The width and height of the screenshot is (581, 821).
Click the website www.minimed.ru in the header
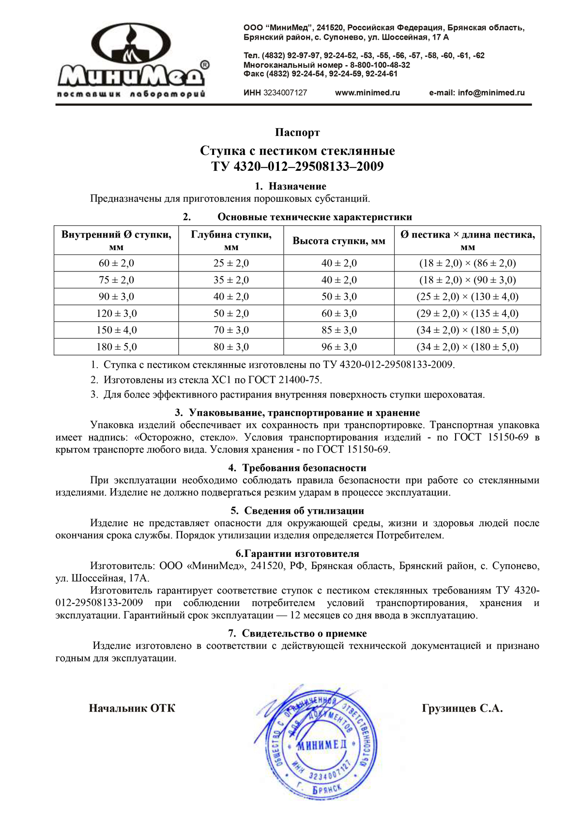click(x=367, y=93)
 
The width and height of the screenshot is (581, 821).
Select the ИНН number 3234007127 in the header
click(x=285, y=93)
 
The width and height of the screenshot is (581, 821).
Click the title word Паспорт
click(x=297, y=133)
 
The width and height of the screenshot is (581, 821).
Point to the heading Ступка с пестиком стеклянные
click(x=297, y=151)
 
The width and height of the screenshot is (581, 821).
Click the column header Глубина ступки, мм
click(x=231, y=240)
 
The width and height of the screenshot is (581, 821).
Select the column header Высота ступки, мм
click(x=339, y=241)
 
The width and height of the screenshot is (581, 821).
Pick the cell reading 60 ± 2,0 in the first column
click(x=116, y=263)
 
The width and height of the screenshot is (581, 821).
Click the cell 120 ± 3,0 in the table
click(x=116, y=313)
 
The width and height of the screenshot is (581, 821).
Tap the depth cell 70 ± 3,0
click(x=231, y=330)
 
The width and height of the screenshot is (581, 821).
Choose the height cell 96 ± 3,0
click(x=339, y=347)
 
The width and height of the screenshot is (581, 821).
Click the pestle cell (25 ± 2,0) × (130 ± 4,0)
click(x=467, y=297)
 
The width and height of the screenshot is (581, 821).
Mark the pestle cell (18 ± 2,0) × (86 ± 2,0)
click(x=467, y=263)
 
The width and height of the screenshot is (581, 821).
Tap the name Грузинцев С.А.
click(x=462, y=709)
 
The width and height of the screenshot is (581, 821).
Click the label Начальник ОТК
click(x=132, y=709)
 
